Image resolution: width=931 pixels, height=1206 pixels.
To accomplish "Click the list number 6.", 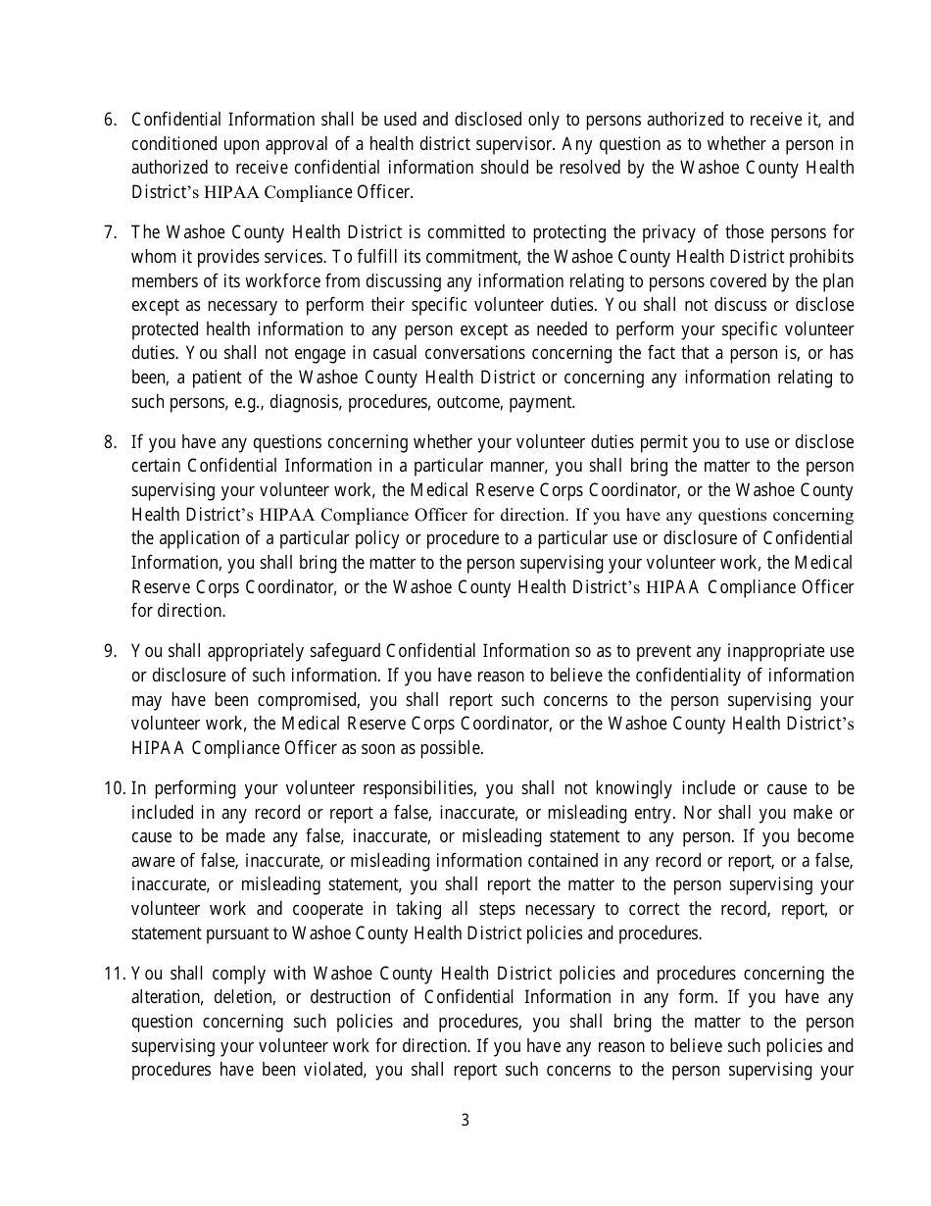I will [110, 121].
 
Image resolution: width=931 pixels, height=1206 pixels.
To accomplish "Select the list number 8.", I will [110, 442].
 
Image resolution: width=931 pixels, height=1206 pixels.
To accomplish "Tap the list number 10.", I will [114, 789].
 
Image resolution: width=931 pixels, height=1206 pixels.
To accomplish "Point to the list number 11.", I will [114, 974].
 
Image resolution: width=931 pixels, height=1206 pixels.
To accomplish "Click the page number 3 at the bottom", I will [465, 1121].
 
